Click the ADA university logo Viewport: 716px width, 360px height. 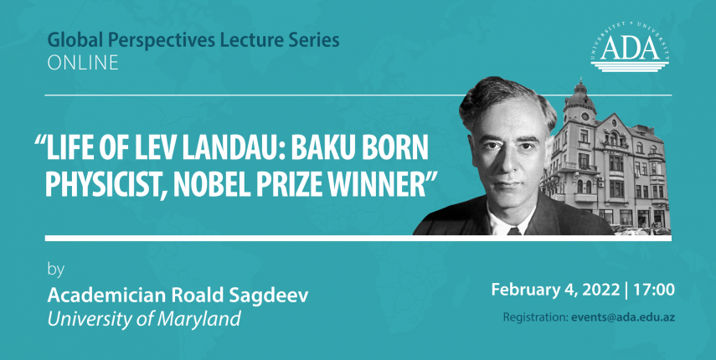(x=630, y=47)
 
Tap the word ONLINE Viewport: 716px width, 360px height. (x=83, y=63)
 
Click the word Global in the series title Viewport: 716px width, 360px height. (x=70, y=40)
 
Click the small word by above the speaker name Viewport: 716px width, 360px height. (x=56, y=270)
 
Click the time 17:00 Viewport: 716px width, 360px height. (x=653, y=290)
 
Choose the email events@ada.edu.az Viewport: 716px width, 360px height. (x=623, y=317)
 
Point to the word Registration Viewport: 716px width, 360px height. (x=535, y=317)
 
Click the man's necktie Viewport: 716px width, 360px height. (x=514, y=230)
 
